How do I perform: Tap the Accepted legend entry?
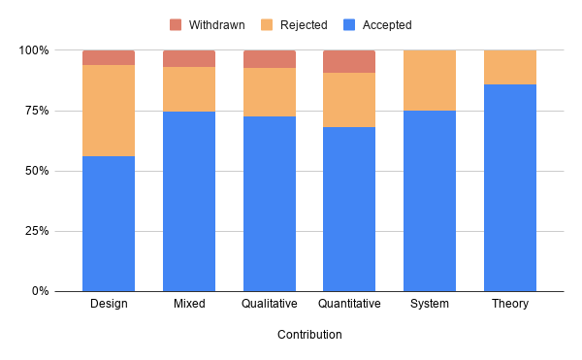(379, 24)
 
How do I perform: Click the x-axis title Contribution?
(309, 335)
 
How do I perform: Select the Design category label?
(109, 304)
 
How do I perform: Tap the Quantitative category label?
(349, 304)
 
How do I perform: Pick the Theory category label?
(510, 304)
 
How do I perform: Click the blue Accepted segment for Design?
(109, 223)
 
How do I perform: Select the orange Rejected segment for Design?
(109, 111)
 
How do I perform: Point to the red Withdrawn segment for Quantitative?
(349, 61)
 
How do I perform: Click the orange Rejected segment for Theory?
(510, 67)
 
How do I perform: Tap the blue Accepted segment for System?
(430, 201)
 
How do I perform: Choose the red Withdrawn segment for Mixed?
(189, 58)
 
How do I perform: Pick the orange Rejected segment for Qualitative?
(270, 92)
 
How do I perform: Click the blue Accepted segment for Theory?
(510, 187)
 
